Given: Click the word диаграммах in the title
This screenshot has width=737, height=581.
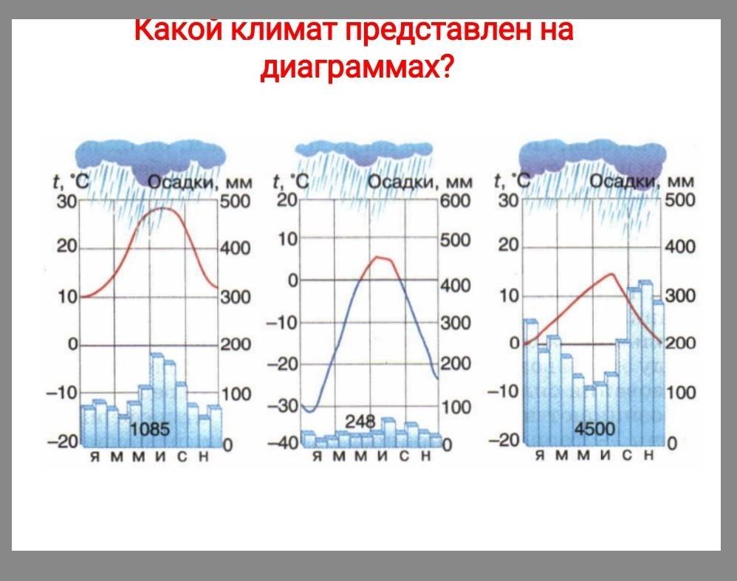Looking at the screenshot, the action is tap(351, 66).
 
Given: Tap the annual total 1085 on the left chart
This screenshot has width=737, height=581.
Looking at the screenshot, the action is tap(149, 429).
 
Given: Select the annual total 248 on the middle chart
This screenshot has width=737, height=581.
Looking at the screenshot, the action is tap(360, 422).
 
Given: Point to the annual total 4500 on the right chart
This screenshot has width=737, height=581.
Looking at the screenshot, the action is tap(594, 429).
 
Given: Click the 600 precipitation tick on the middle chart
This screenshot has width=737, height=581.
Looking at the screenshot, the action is tap(455, 201).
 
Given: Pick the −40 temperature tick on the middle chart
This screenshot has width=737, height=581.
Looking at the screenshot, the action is tap(283, 443).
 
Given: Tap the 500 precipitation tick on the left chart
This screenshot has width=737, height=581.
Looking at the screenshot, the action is tap(236, 202).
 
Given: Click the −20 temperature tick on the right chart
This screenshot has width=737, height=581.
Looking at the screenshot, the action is tap(504, 441).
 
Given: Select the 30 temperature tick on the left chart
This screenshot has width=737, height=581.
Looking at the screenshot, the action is tap(66, 202).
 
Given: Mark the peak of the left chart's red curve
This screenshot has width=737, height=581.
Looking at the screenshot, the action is tap(162, 207).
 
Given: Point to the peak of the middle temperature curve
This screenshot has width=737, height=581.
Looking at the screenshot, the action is tap(378, 257).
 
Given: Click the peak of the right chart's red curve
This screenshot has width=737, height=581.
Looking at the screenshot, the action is tap(611, 274).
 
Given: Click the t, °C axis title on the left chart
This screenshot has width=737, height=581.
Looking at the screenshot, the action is tap(71, 182).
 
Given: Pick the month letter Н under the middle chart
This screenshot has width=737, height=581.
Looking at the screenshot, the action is tap(425, 455).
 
